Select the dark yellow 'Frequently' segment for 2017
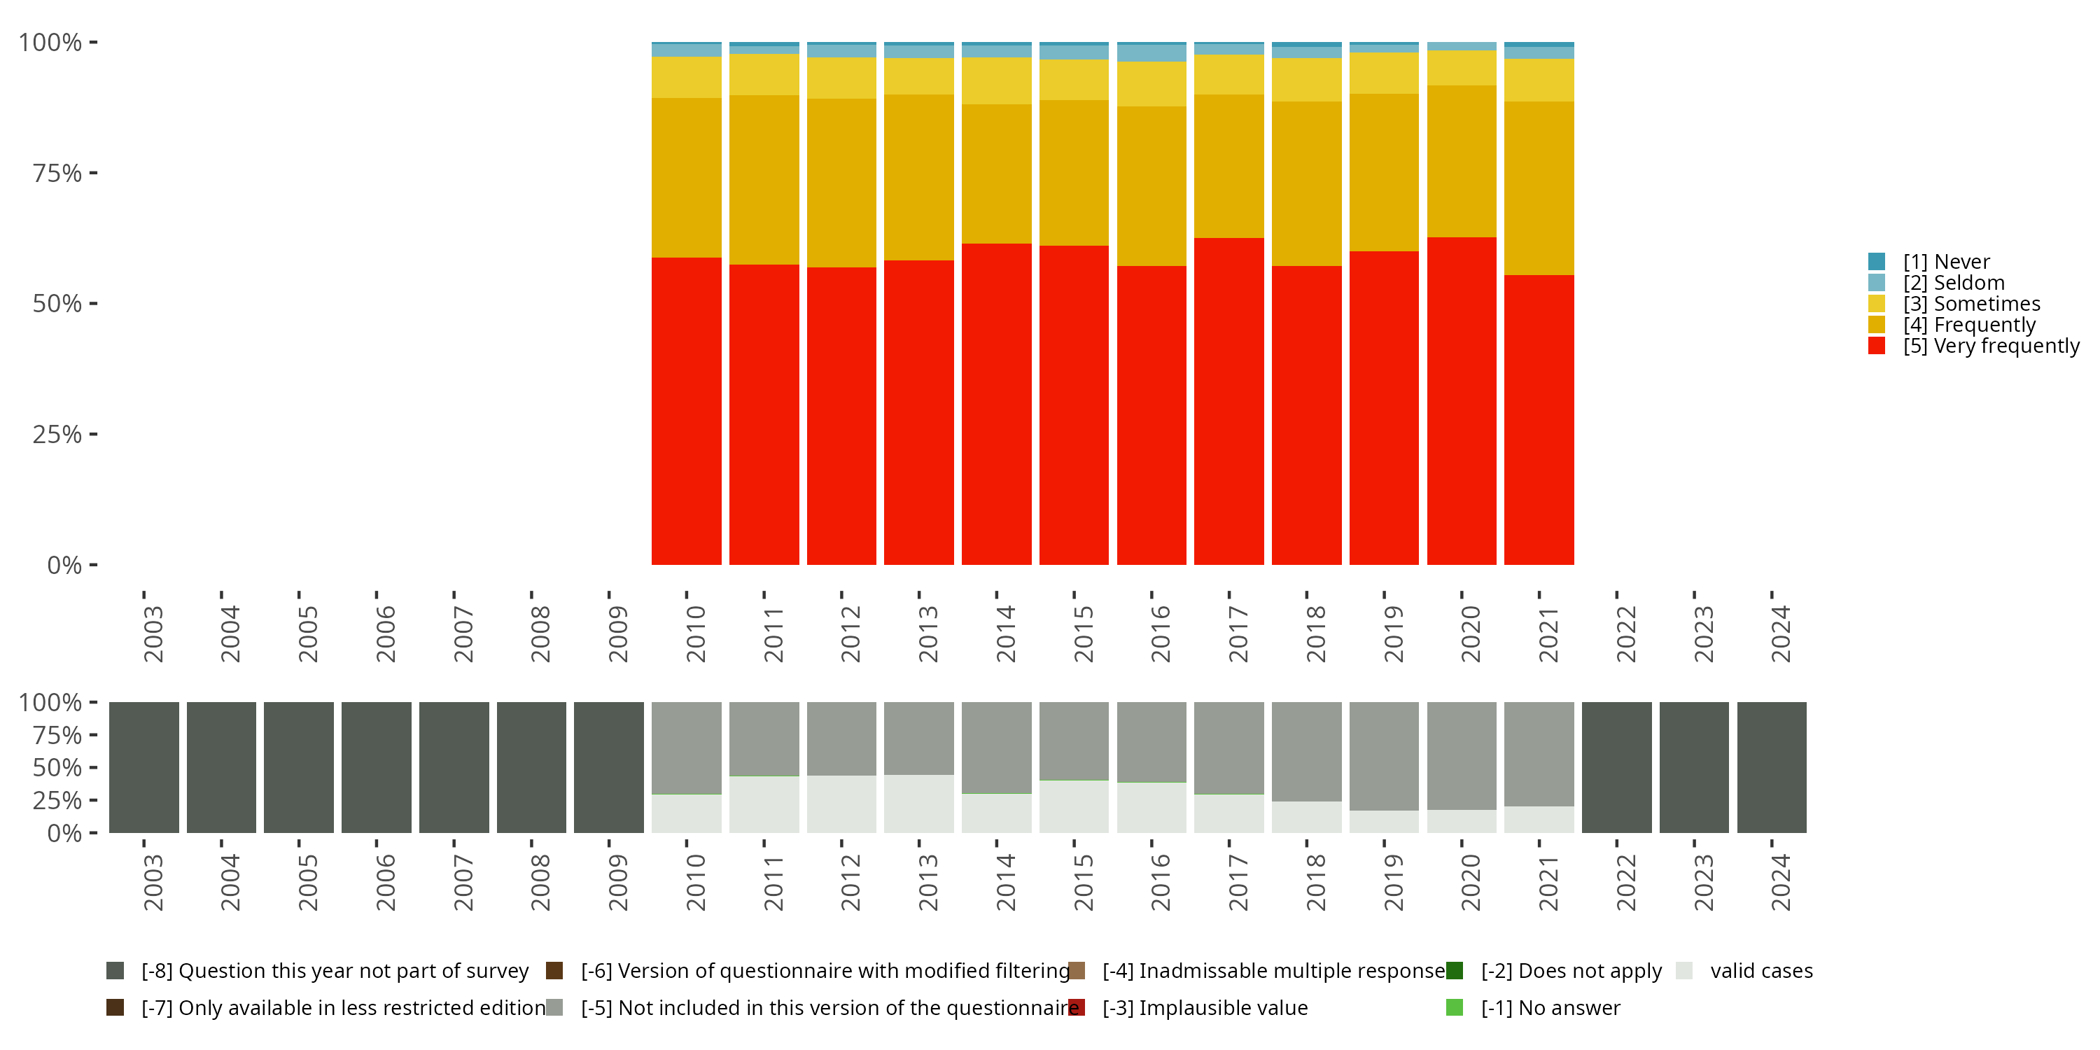pyautogui.click(x=1228, y=167)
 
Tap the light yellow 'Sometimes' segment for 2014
pyautogui.click(x=996, y=80)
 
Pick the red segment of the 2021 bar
pyautogui.click(x=1539, y=420)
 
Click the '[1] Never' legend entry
pyautogui.click(x=1945, y=262)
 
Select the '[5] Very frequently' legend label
pyautogui.click(x=1991, y=346)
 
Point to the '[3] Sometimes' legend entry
pyautogui.click(x=1971, y=304)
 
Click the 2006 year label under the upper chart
pyautogui.click(x=384, y=633)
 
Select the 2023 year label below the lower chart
pyautogui.click(x=1703, y=882)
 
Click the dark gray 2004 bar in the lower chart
pyautogui.click(x=221, y=767)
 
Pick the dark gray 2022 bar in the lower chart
pyautogui.click(x=1616, y=767)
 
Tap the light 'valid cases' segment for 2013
pyautogui.click(x=918, y=804)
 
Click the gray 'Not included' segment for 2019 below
pyautogui.click(x=1383, y=756)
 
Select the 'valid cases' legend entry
pyautogui.click(x=1761, y=971)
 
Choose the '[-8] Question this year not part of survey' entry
pyautogui.click(x=334, y=971)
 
